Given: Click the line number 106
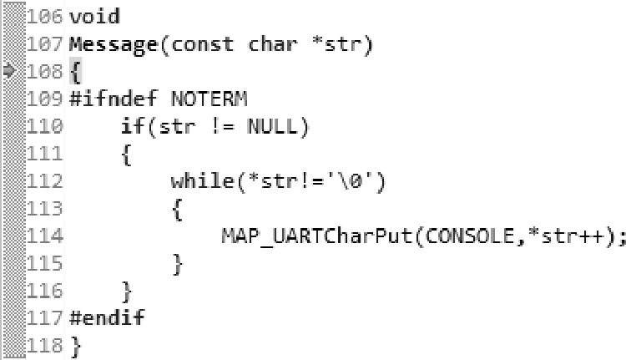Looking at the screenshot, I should (x=45, y=16).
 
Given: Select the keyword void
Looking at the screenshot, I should (x=95, y=16).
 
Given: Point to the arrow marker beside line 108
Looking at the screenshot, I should (x=9, y=71).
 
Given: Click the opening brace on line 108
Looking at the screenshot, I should (x=75, y=72).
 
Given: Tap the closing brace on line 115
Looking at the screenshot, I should (x=177, y=264).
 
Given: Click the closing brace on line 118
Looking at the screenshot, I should (x=75, y=346).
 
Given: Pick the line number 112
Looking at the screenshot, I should (x=45, y=181).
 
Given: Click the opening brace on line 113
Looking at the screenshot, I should (x=177, y=209).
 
